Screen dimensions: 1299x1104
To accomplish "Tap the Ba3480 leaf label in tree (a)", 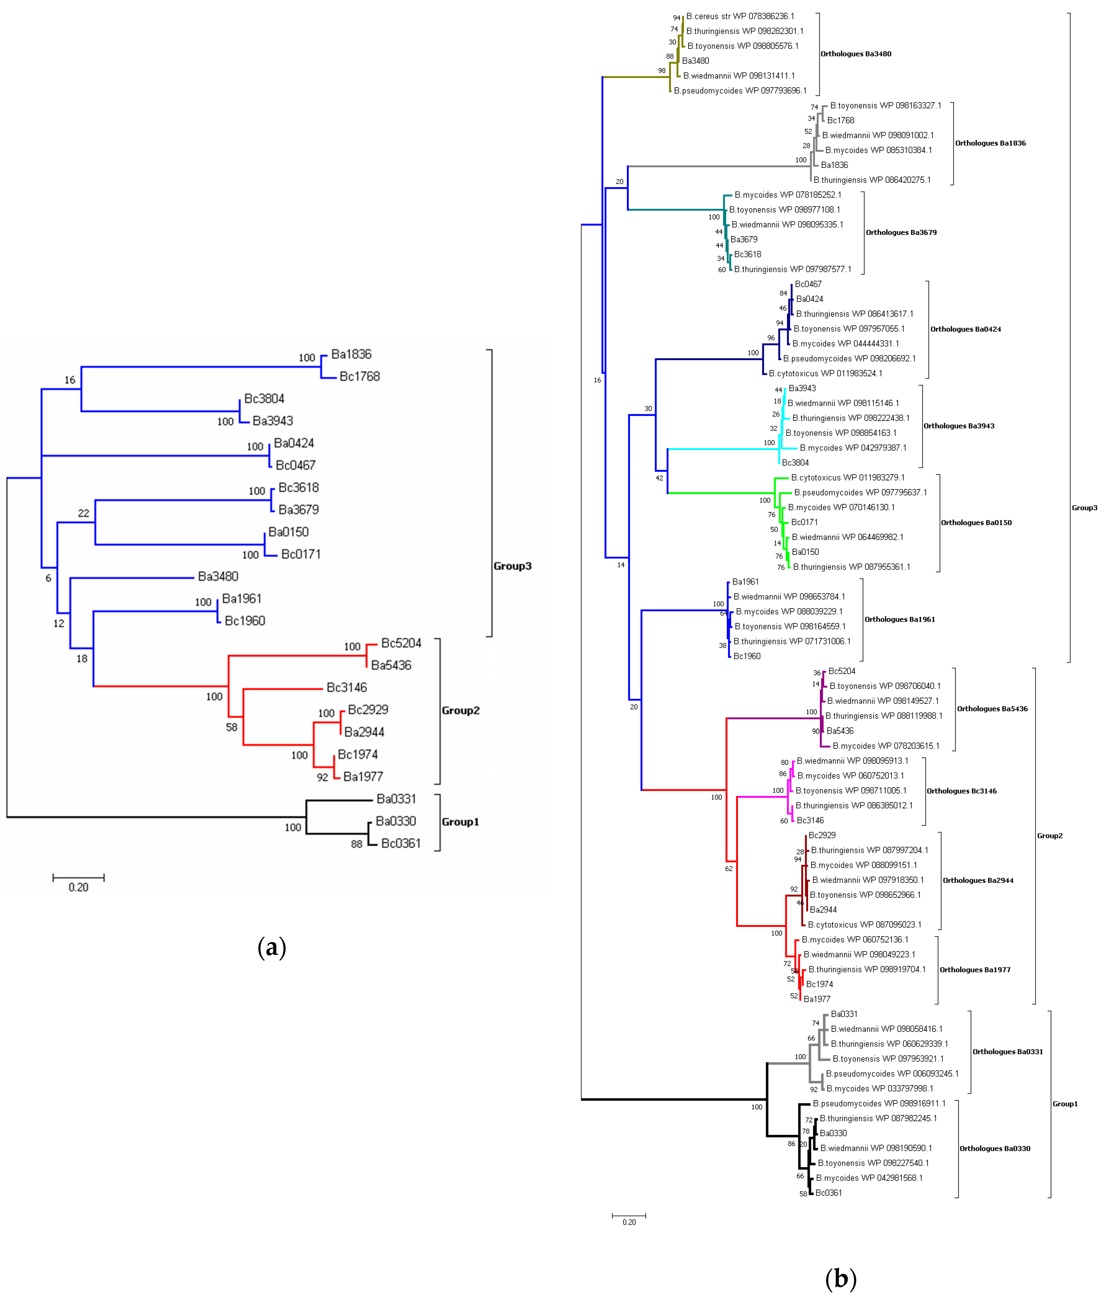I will click(218, 576).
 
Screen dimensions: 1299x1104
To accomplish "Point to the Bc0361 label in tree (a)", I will click(401, 843).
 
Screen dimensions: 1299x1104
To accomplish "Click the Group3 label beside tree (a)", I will click(512, 566).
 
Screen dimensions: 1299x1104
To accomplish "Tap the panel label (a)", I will click(272, 947).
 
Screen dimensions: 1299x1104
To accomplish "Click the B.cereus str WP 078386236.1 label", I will click(740, 16).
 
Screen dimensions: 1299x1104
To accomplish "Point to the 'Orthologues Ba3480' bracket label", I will click(856, 54).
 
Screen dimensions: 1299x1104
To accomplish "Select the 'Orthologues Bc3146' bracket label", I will click(961, 791).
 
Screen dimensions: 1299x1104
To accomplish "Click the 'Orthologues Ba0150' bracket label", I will click(976, 523).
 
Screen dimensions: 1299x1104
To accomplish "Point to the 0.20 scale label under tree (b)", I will click(629, 1222).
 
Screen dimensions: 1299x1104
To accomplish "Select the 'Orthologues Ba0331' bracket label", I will click(1007, 1052).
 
